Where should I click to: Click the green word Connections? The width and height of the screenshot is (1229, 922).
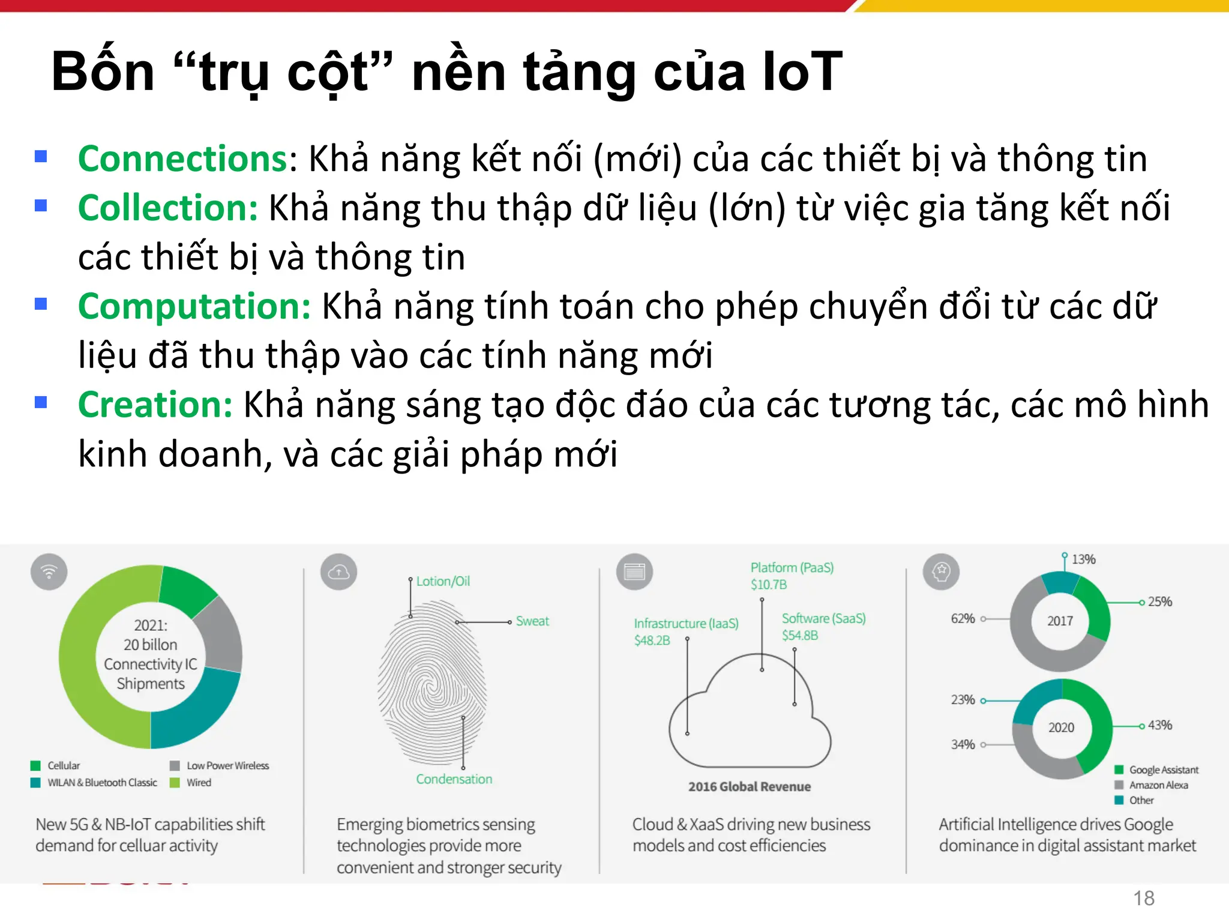tap(183, 159)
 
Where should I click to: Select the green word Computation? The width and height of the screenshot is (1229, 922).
tap(194, 307)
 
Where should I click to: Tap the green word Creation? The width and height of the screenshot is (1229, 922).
tap(155, 405)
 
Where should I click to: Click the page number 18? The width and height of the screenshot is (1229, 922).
tap(1143, 898)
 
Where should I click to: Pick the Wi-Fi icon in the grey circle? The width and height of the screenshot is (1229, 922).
tap(49, 571)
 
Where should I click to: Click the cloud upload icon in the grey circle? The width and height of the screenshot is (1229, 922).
tap(339, 571)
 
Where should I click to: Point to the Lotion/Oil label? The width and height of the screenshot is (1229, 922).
tap(443, 581)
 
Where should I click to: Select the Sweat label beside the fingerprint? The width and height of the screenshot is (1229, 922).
tap(532, 621)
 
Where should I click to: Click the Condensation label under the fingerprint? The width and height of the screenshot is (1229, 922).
tap(454, 779)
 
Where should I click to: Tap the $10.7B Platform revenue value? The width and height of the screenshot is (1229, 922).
tap(769, 585)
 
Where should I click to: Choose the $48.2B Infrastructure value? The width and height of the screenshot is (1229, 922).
tap(652, 640)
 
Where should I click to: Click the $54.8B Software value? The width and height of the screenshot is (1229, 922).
tap(799, 636)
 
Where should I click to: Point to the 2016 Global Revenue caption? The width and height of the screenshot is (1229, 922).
tap(750, 787)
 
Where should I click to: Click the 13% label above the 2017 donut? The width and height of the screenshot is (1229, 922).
tap(1083, 559)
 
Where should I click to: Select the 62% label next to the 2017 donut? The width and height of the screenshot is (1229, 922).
tap(963, 619)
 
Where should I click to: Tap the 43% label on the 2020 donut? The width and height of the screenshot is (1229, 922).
tap(1159, 725)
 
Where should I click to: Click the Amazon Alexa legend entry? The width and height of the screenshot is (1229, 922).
tap(1158, 785)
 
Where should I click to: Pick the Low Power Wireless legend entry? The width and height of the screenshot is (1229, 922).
tap(227, 766)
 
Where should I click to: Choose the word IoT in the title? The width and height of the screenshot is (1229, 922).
tap(802, 72)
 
